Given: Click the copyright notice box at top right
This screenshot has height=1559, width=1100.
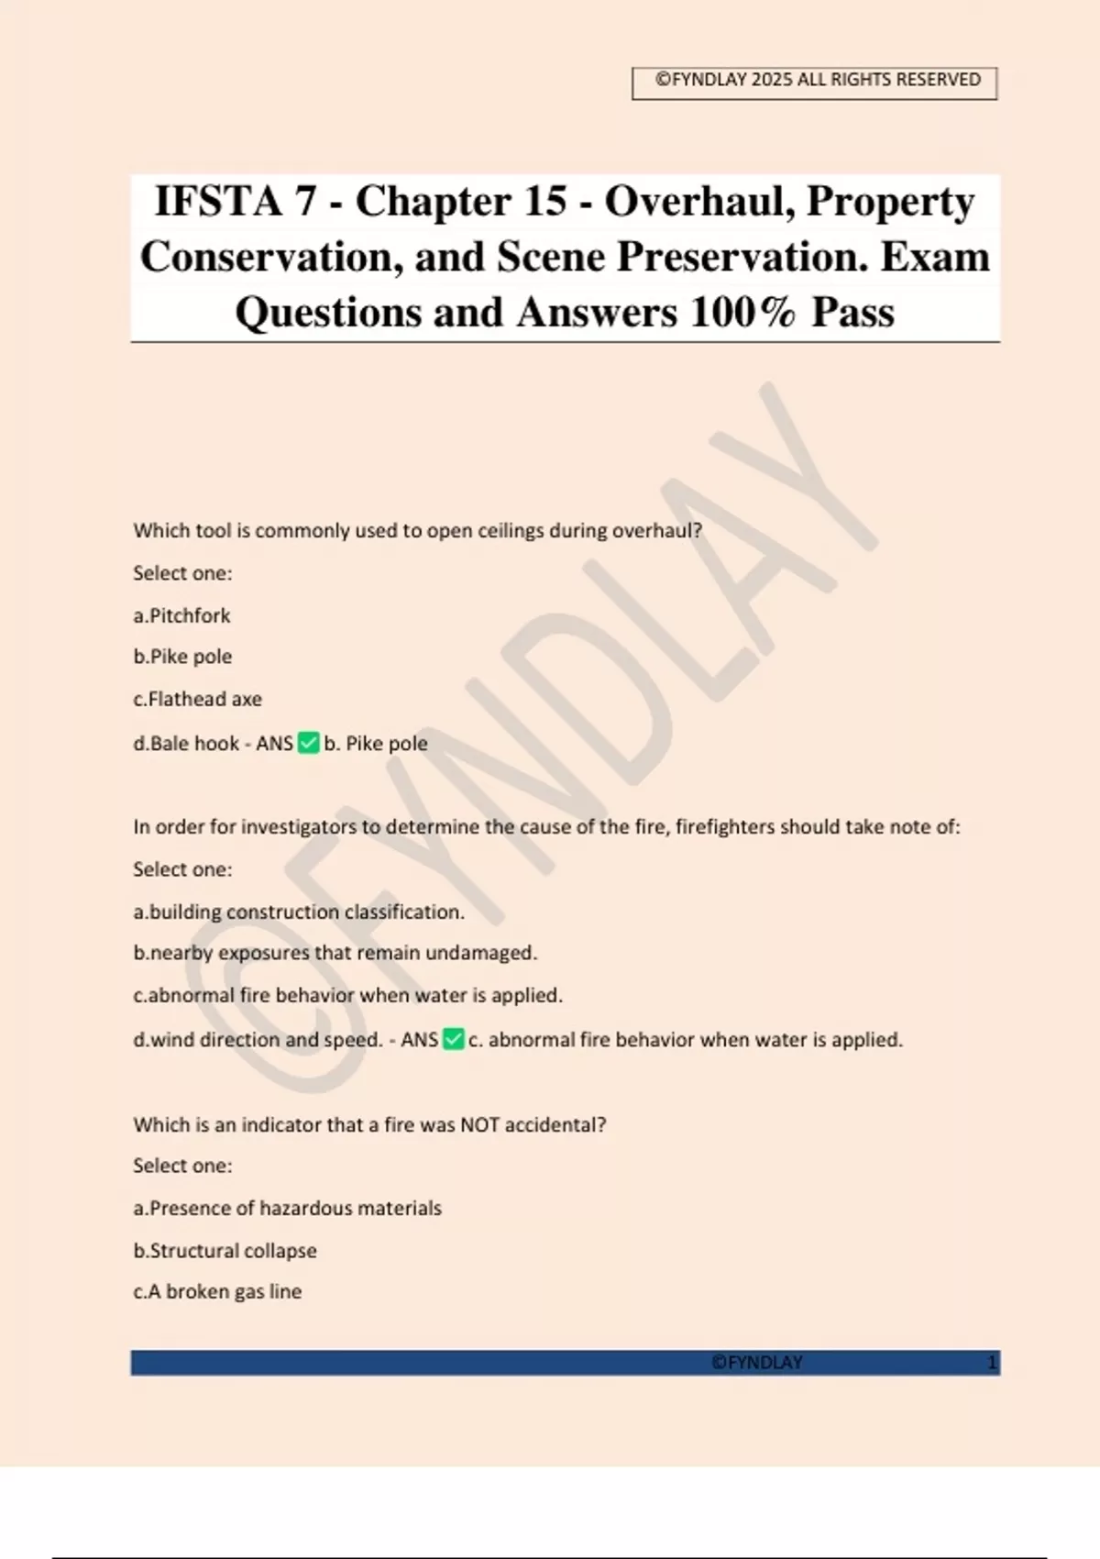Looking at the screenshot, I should coord(814,83).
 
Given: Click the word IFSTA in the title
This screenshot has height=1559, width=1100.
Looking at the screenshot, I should coord(217,202).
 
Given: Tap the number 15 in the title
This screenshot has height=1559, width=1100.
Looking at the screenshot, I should coord(545,202).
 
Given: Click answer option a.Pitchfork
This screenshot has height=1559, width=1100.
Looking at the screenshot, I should coord(181,615).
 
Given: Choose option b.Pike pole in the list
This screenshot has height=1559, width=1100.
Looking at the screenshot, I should coord(182,657).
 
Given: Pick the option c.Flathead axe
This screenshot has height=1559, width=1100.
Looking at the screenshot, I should coord(197,699).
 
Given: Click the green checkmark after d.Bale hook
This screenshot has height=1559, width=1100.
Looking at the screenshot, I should coord(309,743).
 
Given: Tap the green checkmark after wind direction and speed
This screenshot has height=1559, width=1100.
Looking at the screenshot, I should coord(453,1039).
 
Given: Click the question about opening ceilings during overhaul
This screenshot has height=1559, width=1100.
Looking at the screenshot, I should coord(417,531).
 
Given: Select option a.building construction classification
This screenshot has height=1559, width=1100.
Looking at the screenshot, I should coord(299,912).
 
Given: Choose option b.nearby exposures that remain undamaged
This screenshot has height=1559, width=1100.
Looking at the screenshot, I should coord(335,953).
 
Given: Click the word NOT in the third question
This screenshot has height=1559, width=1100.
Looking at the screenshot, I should coord(479,1125).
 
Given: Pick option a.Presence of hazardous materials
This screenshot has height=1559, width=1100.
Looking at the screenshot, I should coord(287,1209).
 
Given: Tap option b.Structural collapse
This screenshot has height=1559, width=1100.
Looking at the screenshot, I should coord(225,1251).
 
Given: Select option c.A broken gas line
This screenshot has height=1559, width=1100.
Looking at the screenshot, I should coord(217,1291).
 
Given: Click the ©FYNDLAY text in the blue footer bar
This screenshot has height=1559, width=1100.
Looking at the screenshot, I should coord(756,1363).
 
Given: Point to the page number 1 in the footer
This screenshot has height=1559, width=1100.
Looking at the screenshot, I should coord(991,1363).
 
